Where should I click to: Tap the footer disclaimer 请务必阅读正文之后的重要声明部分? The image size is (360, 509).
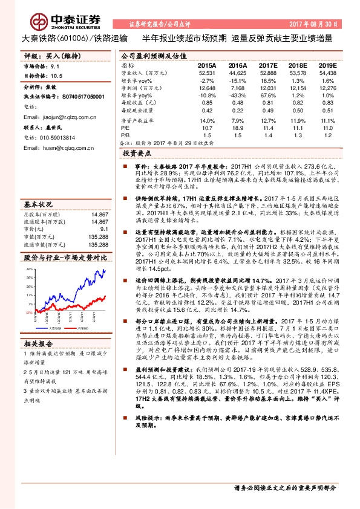pos(284,487)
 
